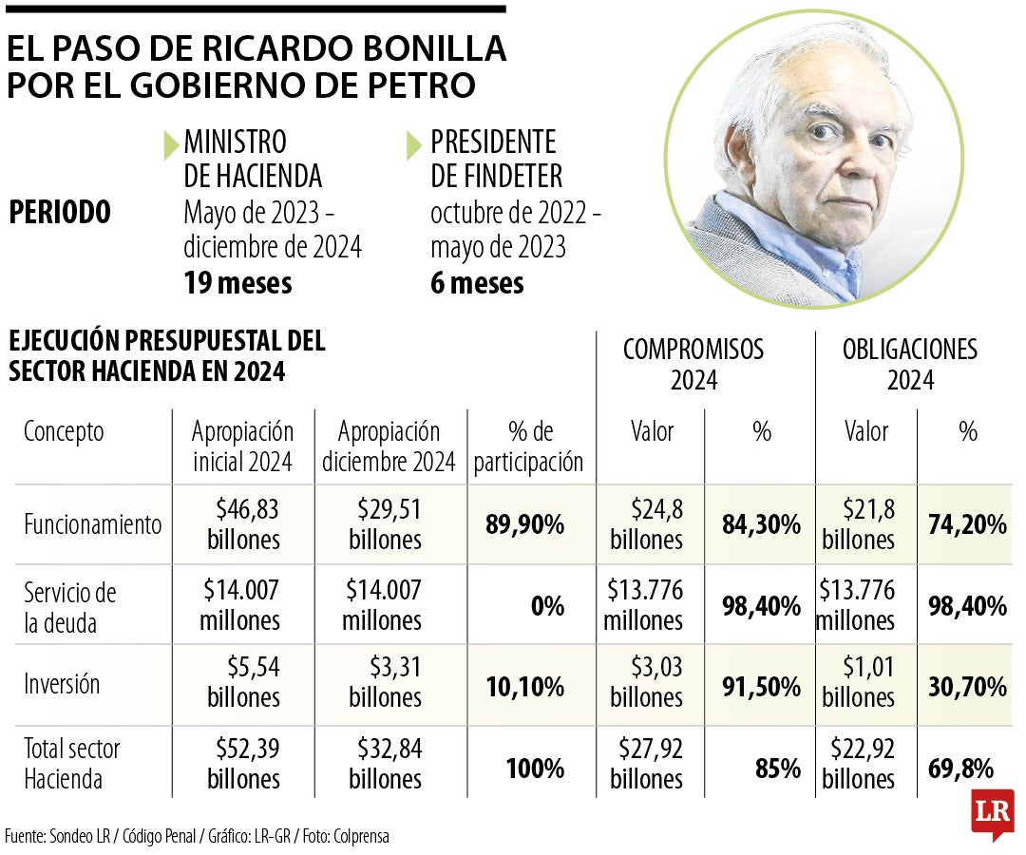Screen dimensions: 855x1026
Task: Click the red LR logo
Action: (x=992, y=813)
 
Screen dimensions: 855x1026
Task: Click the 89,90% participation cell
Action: (x=525, y=523)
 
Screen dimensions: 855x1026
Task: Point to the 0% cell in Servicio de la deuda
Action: (x=547, y=605)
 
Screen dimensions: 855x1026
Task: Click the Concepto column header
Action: (x=64, y=432)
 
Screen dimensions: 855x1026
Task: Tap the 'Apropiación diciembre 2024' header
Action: (x=389, y=446)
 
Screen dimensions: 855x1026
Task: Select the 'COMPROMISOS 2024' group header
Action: (x=693, y=364)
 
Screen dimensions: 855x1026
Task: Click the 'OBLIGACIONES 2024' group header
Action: (x=909, y=364)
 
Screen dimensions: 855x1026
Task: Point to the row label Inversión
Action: (x=62, y=683)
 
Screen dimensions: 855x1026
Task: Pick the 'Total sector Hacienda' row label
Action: (x=71, y=763)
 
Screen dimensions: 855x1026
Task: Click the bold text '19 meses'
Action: (x=237, y=282)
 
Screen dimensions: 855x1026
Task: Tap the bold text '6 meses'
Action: (x=477, y=282)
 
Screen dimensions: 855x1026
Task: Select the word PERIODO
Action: (x=59, y=212)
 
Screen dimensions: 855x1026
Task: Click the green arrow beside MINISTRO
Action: (x=171, y=144)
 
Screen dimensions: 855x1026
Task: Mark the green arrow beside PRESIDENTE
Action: (x=414, y=145)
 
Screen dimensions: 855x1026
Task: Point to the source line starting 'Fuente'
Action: (x=197, y=836)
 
